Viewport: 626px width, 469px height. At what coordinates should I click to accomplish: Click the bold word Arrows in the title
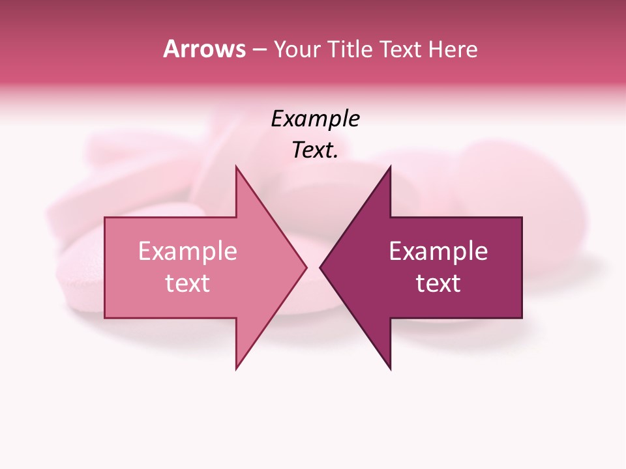(204, 49)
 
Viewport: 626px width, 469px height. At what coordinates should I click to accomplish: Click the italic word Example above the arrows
(315, 119)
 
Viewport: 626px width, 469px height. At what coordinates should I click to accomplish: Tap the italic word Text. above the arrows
(315, 150)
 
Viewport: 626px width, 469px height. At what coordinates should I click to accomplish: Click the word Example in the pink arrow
(188, 251)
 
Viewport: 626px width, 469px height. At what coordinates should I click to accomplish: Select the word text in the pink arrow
(188, 283)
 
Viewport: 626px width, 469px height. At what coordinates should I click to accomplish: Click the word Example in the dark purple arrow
(438, 251)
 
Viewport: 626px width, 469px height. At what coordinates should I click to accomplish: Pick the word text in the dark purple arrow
(438, 283)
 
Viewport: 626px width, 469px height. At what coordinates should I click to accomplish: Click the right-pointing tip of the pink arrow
(306, 267)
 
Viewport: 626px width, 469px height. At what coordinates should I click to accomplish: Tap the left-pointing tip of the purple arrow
(320, 267)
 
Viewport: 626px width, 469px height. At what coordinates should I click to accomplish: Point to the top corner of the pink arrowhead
(236, 166)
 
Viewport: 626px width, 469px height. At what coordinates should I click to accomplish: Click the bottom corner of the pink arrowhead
(236, 369)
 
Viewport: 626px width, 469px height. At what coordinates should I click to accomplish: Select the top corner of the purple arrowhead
(390, 166)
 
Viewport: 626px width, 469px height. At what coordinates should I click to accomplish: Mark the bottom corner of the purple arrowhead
(390, 369)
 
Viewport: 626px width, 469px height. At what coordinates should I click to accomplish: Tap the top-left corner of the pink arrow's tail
(105, 218)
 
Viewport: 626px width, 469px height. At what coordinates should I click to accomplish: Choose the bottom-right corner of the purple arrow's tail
(522, 318)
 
